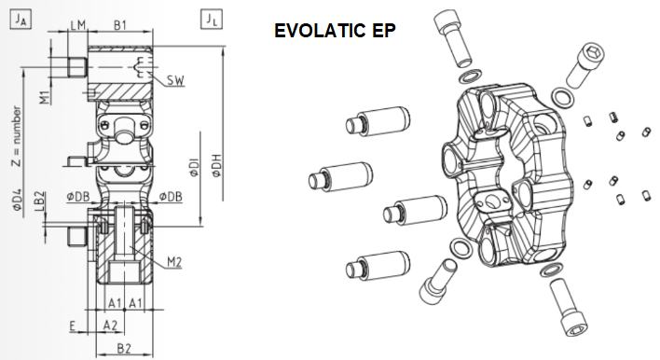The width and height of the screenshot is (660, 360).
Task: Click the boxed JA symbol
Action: (x=21, y=20)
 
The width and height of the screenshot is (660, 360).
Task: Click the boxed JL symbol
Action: (x=212, y=20)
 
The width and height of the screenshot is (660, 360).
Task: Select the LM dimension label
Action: (x=78, y=25)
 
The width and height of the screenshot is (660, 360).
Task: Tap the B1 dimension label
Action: (x=120, y=25)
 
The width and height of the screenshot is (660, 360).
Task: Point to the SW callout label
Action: (x=175, y=80)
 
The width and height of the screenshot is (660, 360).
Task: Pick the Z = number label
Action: (x=16, y=135)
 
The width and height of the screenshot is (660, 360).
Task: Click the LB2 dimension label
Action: (x=39, y=201)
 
